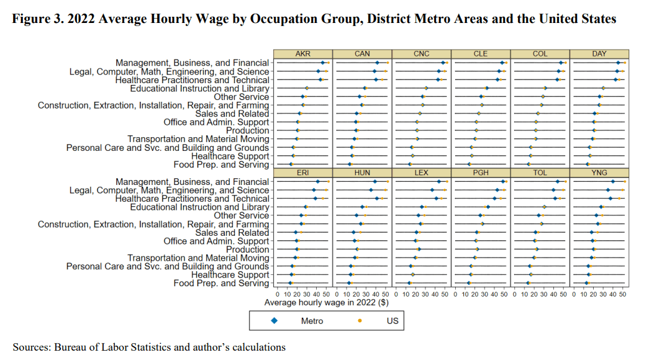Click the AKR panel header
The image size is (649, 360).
tap(303, 54)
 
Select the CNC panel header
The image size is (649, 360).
tap(421, 54)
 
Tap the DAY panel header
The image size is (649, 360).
tap(599, 54)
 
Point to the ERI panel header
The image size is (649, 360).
tap(303, 172)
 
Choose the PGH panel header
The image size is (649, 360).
tap(481, 172)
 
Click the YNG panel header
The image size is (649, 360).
tap(599, 172)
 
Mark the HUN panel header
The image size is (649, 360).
tap(362, 172)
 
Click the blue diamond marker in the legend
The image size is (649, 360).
tap(275, 321)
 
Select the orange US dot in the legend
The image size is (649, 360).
tap(361, 321)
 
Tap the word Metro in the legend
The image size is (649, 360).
tap(312, 321)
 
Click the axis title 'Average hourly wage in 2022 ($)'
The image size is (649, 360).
tap(326, 303)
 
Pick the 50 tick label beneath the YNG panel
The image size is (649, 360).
tap(622, 292)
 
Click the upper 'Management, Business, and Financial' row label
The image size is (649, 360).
tap(193, 63)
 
